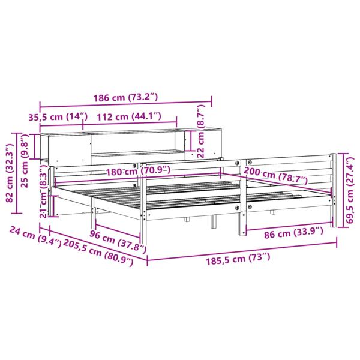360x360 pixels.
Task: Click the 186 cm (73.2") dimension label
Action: (125, 98)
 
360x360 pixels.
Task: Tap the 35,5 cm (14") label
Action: (58, 117)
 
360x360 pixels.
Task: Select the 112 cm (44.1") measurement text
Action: (129, 116)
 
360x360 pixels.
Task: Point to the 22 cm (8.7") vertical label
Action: (200, 131)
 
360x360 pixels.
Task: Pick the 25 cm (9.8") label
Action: (25, 161)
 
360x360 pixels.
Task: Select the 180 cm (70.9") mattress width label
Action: (138, 171)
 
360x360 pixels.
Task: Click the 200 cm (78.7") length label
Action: (275, 176)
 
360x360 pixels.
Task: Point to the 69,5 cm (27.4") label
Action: (350, 190)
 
